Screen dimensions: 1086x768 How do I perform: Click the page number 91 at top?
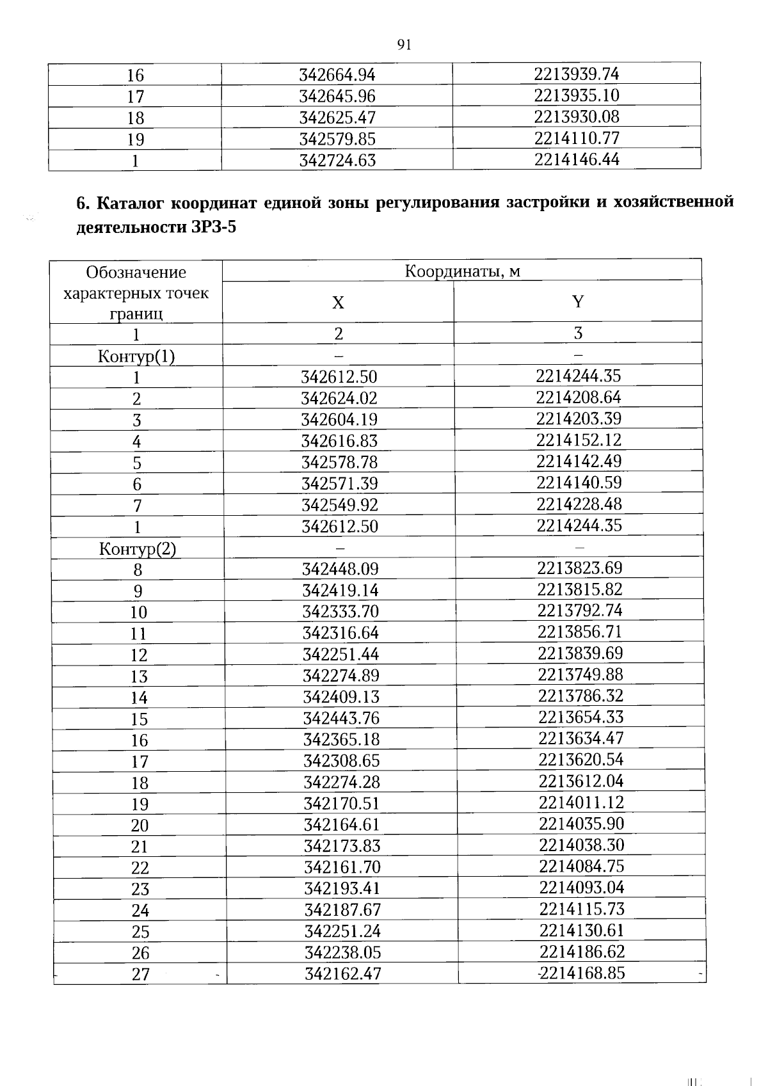coord(403,44)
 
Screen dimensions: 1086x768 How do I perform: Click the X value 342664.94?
coord(337,75)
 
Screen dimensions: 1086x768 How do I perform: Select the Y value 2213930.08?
coord(577,116)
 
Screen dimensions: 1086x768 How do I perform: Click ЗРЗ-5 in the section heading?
coord(214,227)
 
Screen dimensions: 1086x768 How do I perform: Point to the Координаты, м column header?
coord(462,271)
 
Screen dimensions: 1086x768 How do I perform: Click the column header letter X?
coord(338,302)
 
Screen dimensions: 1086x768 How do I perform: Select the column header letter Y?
coord(578,301)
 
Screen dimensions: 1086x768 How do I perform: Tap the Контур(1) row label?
coord(136,356)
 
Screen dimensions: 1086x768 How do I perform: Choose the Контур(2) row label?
coord(138,548)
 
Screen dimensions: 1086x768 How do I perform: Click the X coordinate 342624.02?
coord(339,398)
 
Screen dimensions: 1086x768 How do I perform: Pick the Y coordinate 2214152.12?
coord(579,440)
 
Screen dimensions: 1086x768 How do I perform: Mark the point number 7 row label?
coord(137,506)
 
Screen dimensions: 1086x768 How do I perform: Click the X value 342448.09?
coord(340,569)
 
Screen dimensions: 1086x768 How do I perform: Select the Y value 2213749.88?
coord(580,675)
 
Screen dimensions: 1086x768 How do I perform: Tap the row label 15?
coord(139,719)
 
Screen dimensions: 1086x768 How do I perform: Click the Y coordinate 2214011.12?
coord(581,802)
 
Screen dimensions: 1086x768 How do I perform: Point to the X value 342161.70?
coord(342,867)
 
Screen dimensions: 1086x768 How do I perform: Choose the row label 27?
coord(141,974)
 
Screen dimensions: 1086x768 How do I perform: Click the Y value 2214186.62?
coord(582,951)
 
